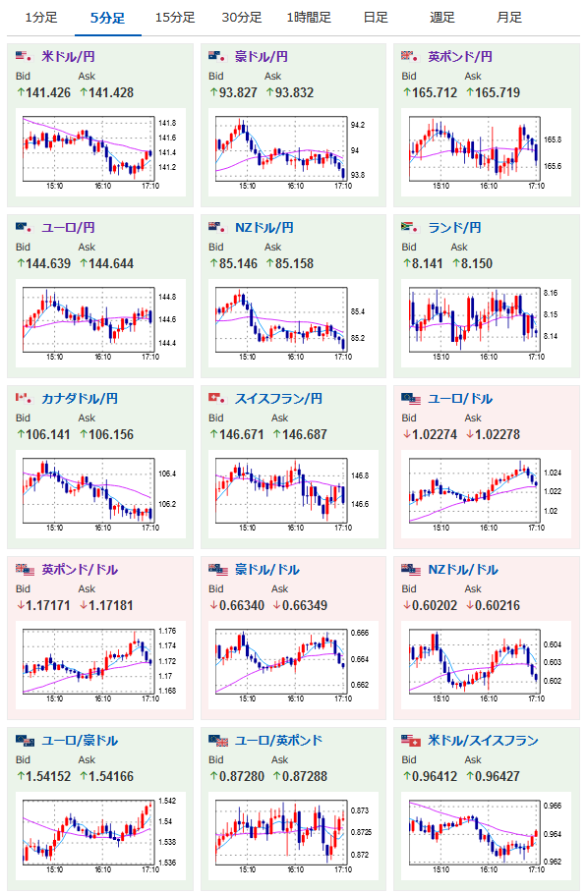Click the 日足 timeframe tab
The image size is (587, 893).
376,18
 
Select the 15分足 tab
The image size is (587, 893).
175,18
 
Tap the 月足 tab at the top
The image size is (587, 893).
509,18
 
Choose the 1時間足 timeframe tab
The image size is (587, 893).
309,18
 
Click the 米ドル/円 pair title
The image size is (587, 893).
69,57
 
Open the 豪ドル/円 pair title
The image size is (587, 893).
262,57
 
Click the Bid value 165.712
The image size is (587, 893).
435,92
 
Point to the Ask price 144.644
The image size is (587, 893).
111,263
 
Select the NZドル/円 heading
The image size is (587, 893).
264,228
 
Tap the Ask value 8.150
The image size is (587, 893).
477,263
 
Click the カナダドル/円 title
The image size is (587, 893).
80,399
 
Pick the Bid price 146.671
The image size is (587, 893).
242,434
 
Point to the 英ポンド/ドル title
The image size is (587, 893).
80,570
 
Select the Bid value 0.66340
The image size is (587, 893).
242,605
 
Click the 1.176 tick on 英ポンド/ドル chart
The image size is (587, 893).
167,631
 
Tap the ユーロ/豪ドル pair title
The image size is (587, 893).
80,741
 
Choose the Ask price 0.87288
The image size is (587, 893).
305,776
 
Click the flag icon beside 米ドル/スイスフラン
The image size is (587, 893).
411,741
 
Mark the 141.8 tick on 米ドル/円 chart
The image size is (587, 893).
167,123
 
